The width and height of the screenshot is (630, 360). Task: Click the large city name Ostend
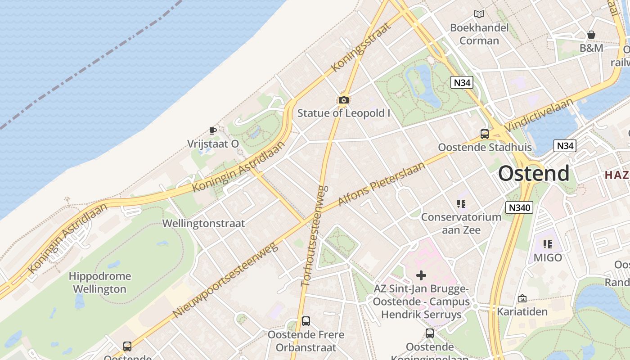pos(534,174)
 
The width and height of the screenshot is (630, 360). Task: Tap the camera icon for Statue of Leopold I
pos(344,100)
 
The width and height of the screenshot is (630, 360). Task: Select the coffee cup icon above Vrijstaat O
pos(213,131)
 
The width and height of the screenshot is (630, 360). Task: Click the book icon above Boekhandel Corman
pos(479,14)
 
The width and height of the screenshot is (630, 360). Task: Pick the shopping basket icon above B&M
pos(591,35)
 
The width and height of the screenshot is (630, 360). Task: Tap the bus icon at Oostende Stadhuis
pos(485,134)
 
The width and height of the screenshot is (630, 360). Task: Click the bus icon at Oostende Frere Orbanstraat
pos(306,321)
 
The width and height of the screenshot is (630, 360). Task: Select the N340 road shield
pos(519,207)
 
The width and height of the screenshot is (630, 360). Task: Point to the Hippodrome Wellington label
pos(100,283)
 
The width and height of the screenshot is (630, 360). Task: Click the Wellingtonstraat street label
pos(203,223)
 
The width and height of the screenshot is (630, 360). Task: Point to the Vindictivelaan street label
pos(539,115)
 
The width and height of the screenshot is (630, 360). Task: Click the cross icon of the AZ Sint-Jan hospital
pos(421,275)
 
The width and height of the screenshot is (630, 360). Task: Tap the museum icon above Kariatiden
pos(522,298)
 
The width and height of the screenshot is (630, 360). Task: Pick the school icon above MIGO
pos(548,244)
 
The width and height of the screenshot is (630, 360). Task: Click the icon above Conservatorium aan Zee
pos(461,204)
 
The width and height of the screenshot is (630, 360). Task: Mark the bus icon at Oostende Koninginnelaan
pos(430,333)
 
